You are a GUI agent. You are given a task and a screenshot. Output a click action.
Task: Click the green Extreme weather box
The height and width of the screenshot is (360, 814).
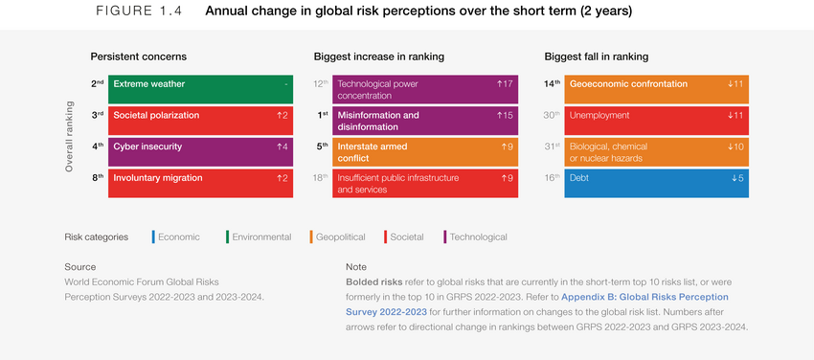point(200,89)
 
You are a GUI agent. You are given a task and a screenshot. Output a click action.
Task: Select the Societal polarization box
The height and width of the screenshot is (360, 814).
point(200,120)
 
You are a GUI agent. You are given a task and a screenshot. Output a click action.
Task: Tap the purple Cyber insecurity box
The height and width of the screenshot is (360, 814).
point(200,151)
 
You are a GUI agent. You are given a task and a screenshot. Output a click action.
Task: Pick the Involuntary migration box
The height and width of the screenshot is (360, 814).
point(200,183)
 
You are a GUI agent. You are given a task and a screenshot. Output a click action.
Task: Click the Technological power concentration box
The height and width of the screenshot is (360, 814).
point(426,89)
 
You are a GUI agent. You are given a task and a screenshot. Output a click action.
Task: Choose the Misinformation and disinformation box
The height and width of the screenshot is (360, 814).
point(426,120)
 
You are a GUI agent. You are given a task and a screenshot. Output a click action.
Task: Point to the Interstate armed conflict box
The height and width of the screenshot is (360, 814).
point(426,151)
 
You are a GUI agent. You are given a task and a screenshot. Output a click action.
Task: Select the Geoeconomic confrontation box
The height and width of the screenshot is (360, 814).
point(656,89)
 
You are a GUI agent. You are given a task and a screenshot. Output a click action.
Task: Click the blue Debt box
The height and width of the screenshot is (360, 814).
point(656,183)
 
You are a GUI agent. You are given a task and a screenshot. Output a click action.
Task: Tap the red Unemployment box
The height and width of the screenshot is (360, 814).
point(656,120)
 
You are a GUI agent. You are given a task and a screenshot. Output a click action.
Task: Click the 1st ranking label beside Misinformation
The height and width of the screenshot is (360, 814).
point(323,115)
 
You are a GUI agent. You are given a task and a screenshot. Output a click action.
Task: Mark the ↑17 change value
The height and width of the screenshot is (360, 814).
point(505,84)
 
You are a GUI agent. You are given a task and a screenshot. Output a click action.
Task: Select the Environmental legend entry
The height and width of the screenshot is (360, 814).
point(260,236)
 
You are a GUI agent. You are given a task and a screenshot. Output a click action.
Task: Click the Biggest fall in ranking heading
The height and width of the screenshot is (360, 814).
point(596,56)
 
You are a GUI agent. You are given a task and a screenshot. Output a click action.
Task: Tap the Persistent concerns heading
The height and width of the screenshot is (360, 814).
point(138,56)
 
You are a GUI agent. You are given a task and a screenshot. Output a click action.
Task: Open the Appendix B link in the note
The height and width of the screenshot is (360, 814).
point(644,297)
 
